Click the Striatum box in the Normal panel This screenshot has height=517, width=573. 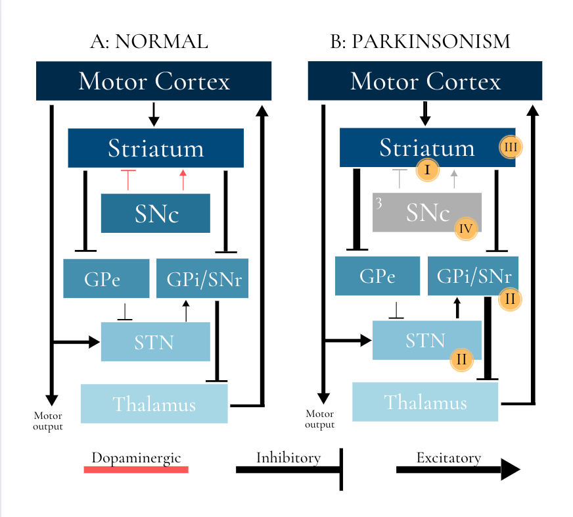pos(156,148)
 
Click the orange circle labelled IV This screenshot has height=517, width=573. pos(466,229)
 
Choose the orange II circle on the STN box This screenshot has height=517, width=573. pos(461,359)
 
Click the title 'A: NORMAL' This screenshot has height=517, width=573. pos(149,42)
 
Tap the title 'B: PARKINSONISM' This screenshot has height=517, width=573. pos(420,42)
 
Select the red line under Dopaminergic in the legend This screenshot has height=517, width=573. pos(136,469)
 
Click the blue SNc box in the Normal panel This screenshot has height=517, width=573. pos(156,213)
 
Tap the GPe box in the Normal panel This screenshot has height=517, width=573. pos(106,279)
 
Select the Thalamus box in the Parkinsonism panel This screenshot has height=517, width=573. pos(425,402)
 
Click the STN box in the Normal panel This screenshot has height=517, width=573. pos(155,342)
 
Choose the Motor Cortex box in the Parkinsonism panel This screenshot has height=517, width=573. pos(425,81)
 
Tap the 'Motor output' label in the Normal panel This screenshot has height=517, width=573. pos(48,421)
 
